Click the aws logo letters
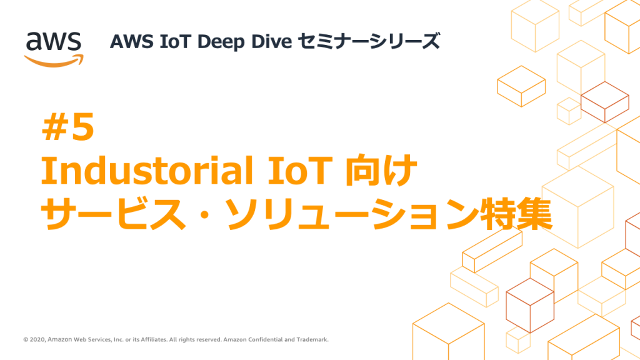tap(54, 41)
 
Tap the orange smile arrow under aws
tap(54, 61)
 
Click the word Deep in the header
tap(221, 42)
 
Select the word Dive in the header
tap(271, 41)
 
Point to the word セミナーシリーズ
tap(369, 41)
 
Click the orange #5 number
tap(68, 127)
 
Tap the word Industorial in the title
tap(147, 170)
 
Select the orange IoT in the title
tap(299, 170)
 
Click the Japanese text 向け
tap(381, 170)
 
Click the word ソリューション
tap(352, 214)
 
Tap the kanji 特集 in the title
tap(516, 214)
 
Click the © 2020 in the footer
tap(34, 339)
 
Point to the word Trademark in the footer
tap(312, 339)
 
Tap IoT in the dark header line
tap(175, 41)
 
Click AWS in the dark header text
tap(131, 41)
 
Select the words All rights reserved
tap(195, 339)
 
